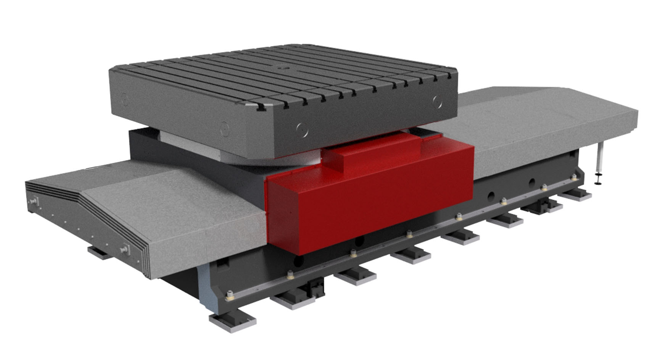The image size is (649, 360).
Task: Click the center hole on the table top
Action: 283,69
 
